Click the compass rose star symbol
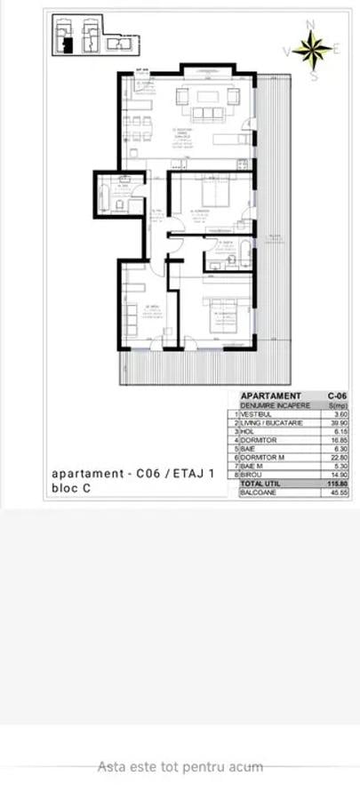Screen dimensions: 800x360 (312, 50)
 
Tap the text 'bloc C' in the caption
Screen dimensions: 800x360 (71, 488)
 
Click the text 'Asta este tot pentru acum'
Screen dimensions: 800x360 (180, 765)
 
